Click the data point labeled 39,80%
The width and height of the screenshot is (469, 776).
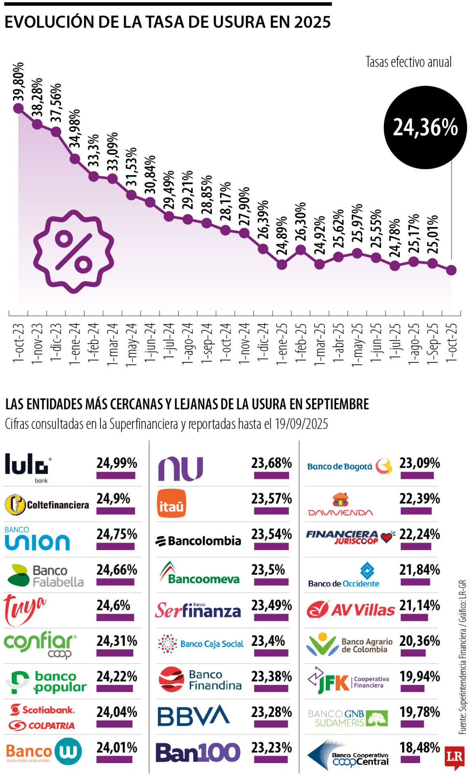18,108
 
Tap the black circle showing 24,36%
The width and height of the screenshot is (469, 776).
425,127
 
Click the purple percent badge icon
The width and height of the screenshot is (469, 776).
73,251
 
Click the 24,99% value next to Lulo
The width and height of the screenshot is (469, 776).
116,463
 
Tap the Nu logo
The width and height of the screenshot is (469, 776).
180,468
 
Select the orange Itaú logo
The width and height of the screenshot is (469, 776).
172,503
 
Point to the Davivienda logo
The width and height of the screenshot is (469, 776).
340,504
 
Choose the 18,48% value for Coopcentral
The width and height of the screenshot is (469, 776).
419,748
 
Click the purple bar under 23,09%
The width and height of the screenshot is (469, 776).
417,476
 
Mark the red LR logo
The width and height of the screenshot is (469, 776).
454,756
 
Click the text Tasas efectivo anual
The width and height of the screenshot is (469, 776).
408,62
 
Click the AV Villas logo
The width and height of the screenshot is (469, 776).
350,609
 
